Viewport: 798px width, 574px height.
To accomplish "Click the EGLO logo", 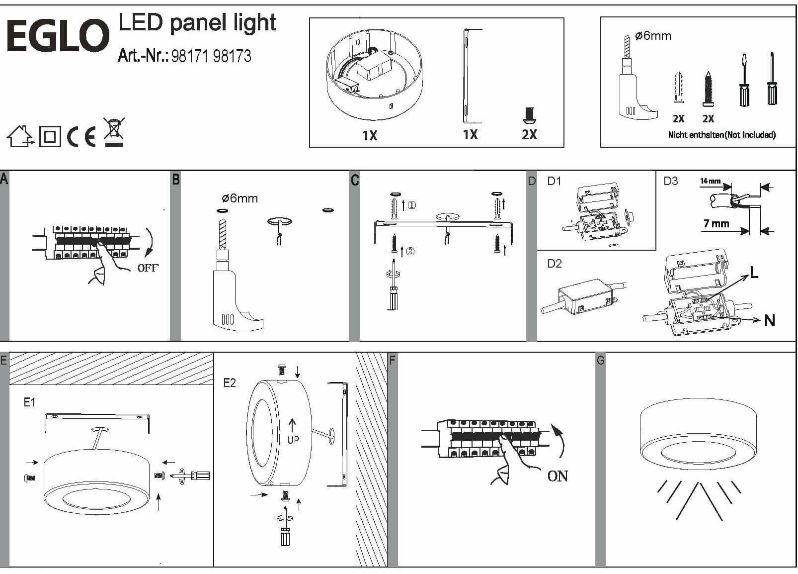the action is (58, 36).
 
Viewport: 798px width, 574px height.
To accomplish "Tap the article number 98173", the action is (232, 56).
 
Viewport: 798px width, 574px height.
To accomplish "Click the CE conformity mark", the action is (81, 136).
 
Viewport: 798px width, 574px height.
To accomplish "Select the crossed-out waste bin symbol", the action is (114, 132).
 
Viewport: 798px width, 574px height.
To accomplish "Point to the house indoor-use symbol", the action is (20, 136).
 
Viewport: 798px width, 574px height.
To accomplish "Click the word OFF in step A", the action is (148, 268).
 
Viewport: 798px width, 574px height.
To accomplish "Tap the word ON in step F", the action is (558, 476).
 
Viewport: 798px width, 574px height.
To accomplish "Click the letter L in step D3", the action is (754, 273).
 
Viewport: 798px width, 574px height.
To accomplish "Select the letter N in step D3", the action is (770, 321).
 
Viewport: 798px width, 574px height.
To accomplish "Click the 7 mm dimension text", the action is (716, 224).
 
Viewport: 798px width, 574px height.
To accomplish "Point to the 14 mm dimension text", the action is (710, 181).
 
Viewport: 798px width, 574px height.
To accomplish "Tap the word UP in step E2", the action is (294, 440).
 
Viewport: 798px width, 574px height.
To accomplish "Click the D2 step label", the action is (554, 264).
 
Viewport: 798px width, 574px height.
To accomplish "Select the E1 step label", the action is (30, 402).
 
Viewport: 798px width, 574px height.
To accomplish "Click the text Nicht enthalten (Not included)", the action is (721, 135).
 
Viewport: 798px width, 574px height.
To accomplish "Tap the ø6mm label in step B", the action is (239, 198).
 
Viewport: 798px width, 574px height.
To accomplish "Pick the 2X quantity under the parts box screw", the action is (529, 134).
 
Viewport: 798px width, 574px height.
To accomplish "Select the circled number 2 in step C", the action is (410, 251).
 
